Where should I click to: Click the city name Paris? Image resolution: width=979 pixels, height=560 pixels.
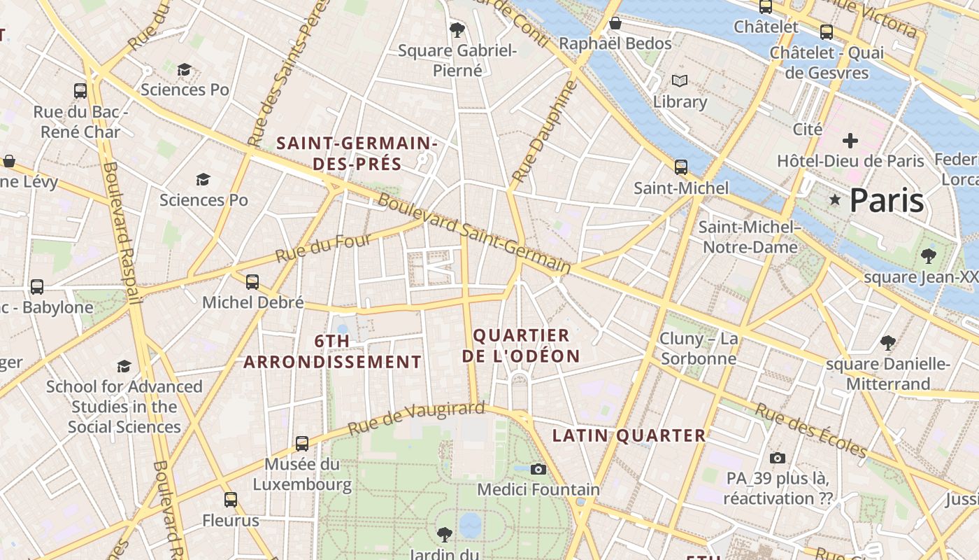(x=887, y=201)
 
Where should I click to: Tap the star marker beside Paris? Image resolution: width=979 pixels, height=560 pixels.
(x=834, y=199)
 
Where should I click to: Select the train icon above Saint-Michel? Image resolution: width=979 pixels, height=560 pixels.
(x=680, y=167)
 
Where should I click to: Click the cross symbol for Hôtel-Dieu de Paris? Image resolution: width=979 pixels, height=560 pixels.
(x=850, y=141)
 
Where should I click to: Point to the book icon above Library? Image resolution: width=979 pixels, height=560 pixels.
(x=679, y=80)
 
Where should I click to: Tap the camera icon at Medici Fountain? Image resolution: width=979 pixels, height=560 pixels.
(x=538, y=469)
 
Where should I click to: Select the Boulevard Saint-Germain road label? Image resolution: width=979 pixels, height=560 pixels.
(x=475, y=233)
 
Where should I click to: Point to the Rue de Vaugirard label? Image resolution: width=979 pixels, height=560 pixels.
(x=416, y=418)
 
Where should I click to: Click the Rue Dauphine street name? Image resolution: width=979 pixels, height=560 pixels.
(x=545, y=132)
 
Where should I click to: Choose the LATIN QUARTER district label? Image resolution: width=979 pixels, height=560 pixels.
(x=629, y=435)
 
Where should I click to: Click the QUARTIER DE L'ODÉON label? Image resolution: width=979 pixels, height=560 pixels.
(x=521, y=345)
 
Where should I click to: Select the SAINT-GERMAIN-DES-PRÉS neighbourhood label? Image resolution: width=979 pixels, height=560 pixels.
(x=357, y=153)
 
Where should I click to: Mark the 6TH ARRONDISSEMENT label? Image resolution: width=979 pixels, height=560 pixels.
(x=332, y=351)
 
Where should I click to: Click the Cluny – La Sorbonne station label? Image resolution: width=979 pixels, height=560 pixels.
(x=699, y=349)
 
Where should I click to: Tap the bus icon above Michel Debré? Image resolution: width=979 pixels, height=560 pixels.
(x=252, y=282)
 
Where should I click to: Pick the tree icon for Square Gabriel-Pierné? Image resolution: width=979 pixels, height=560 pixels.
(x=457, y=29)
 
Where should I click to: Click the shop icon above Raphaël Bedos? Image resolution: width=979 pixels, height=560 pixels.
(x=615, y=23)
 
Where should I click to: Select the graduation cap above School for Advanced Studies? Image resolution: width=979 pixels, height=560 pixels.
(x=124, y=366)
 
